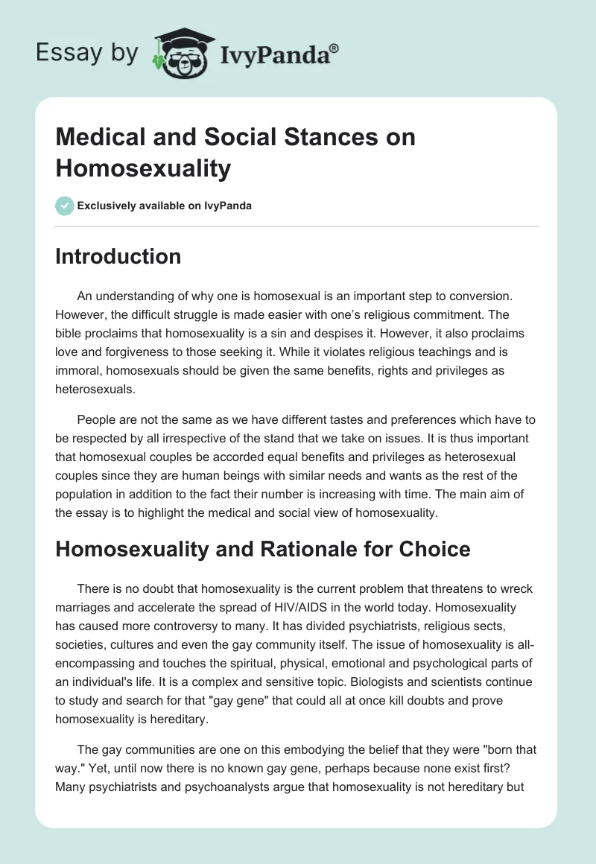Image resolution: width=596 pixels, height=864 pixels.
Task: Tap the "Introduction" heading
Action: [118, 256]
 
